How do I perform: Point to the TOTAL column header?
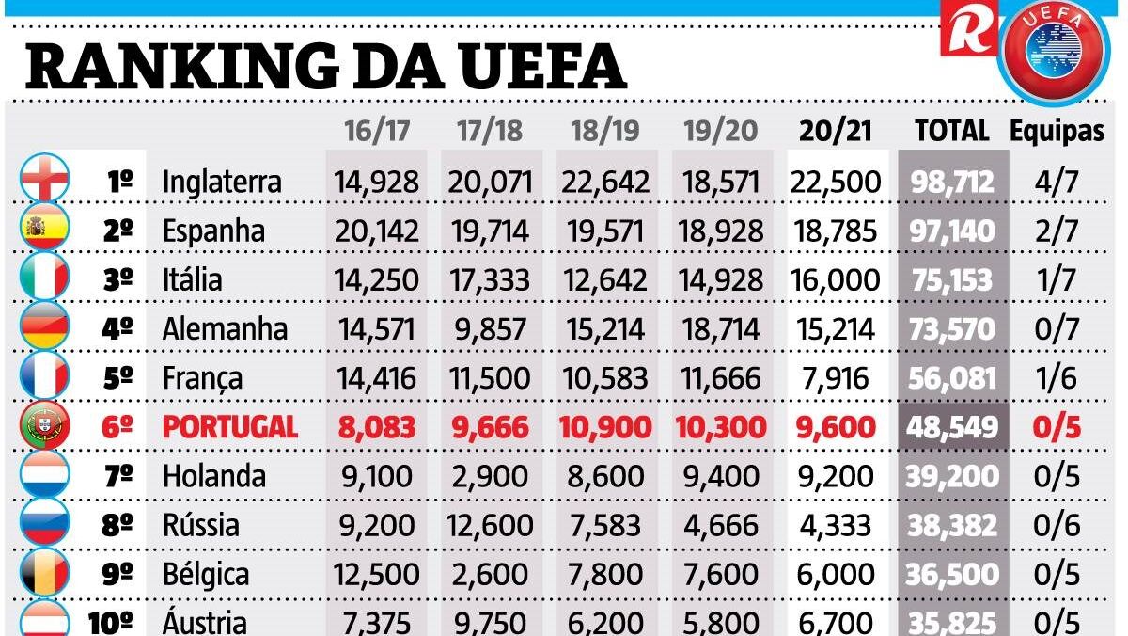tap(952, 132)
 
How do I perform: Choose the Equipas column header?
tap(1057, 132)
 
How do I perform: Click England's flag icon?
tap(44, 180)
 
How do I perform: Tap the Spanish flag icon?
tap(44, 230)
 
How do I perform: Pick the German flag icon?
tap(44, 328)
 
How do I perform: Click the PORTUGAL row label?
tap(230, 427)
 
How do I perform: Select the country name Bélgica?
tap(206, 574)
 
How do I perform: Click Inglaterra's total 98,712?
tap(952, 182)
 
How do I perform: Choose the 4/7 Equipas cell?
tap(1057, 182)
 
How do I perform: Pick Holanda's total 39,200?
tap(952, 476)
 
